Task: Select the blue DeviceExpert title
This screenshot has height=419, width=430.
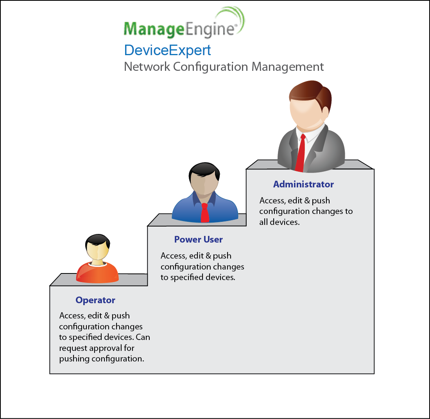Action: coord(168,50)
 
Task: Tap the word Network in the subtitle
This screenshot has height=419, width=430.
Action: coord(147,67)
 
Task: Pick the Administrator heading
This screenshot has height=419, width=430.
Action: coord(303,184)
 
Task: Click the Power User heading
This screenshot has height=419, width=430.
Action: coord(198,239)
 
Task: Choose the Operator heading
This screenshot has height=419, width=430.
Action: coord(95,300)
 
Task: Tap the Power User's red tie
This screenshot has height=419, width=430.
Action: coord(204,213)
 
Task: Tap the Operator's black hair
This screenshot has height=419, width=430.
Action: coord(98,240)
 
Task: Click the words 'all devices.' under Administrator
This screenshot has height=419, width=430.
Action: coord(279,222)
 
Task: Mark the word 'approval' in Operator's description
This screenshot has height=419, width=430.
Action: coord(106,349)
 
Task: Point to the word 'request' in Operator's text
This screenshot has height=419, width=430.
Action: coord(73,349)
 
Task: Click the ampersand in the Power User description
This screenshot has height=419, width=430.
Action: coord(208,256)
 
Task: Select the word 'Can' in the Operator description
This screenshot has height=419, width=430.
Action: coord(143,337)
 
